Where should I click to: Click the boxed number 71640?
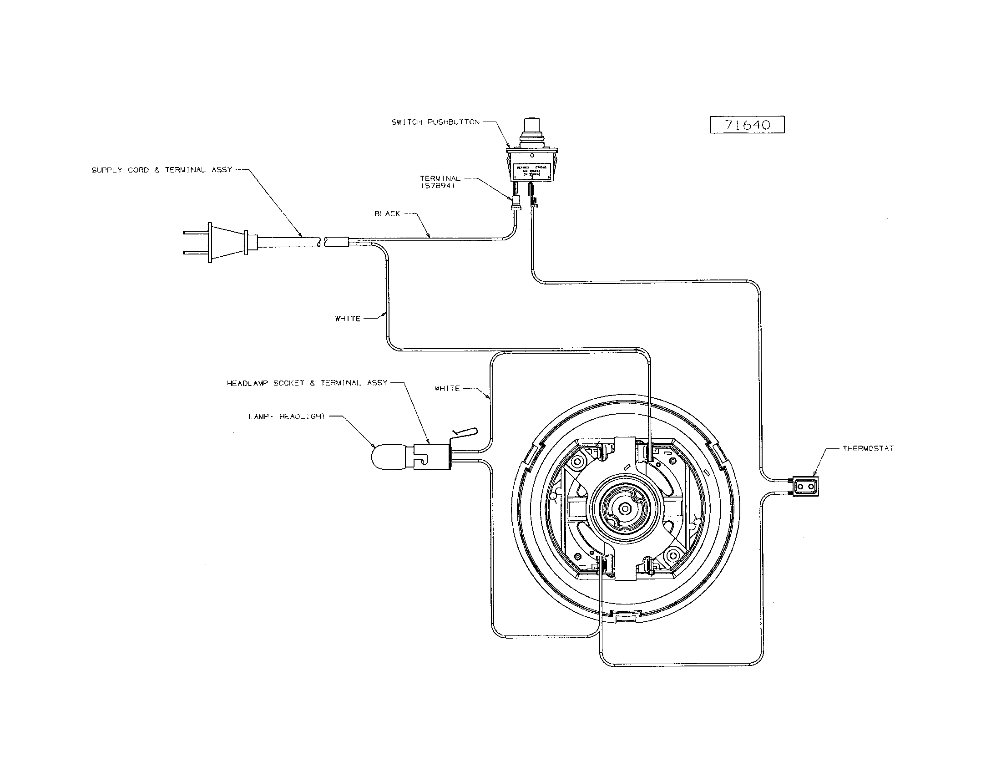747,125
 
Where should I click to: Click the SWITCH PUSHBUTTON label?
435,122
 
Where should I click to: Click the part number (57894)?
437,186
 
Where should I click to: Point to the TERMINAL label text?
440,178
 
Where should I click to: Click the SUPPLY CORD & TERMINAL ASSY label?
162,170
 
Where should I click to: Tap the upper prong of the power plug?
194,233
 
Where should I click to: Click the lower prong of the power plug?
194,252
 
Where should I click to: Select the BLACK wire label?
387,213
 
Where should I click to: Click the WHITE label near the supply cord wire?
348,319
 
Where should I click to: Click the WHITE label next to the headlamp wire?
447,388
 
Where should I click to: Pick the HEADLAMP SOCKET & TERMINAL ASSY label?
307,383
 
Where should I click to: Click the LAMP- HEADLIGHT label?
287,416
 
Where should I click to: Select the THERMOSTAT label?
868,448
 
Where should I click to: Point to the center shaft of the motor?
624,508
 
